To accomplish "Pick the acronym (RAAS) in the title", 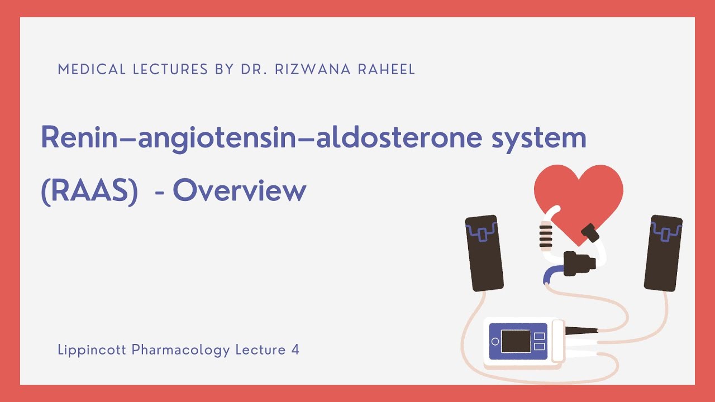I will [x=89, y=192].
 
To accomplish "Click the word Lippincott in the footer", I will [x=92, y=350].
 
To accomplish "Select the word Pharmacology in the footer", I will [x=181, y=350].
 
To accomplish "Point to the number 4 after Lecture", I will [x=295, y=350].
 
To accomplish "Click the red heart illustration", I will [x=578, y=195].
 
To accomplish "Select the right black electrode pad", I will [x=663, y=252].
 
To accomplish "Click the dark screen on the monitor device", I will [x=515, y=341].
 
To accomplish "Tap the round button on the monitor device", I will [x=495, y=341].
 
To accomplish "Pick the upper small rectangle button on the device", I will [x=539, y=336].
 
